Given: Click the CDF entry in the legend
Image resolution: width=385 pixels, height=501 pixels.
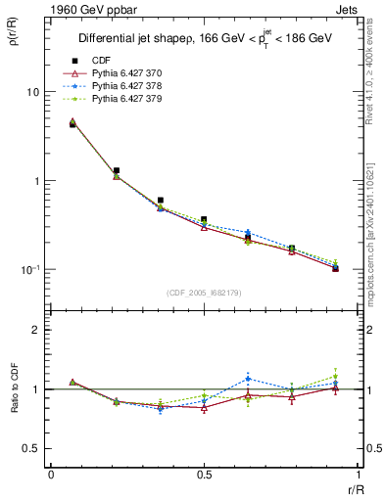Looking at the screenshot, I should (98, 61).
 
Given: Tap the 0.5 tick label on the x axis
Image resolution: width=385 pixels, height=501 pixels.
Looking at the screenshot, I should (203, 474).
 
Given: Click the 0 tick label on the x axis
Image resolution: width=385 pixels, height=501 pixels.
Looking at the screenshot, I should (51, 474).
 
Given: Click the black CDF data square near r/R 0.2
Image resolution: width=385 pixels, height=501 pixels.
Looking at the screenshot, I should (117, 170).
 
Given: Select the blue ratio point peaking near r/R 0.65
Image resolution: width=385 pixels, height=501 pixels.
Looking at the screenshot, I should (248, 378).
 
